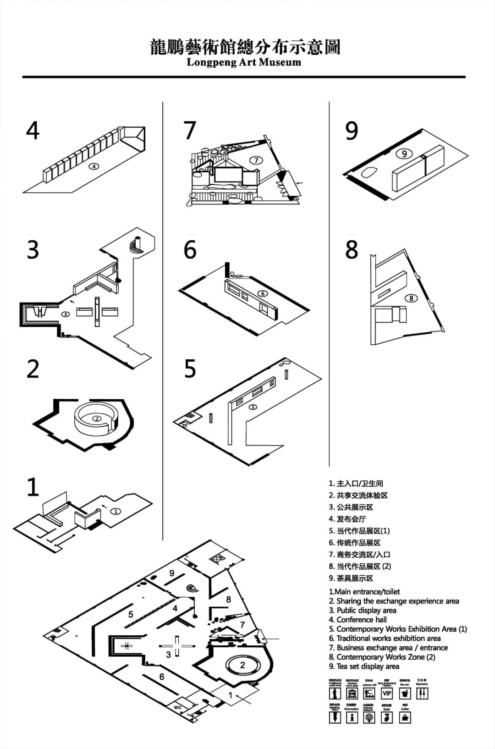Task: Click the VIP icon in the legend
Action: [x=387, y=694]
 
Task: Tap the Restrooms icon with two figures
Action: [x=422, y=694]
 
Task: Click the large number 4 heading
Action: [x=33, y=131]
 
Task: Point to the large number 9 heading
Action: [x=352, y=131]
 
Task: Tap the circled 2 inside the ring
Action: [x=97, y=418]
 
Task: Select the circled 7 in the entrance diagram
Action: [x=256, y=160]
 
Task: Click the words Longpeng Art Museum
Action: [x=244, y=62]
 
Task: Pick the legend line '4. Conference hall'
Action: [x=357, y=619]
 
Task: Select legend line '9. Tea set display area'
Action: [x=364, y=666]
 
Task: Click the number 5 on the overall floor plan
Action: [x=131, y=614]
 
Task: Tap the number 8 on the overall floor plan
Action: [x=228, y=599]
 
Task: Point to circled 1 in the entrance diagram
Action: [x=116, y=511]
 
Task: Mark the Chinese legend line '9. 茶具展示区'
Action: [x=351, y=578]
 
